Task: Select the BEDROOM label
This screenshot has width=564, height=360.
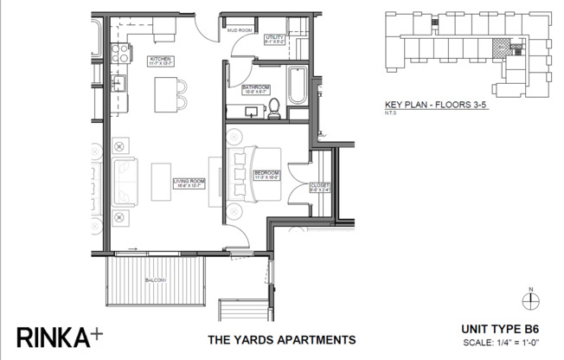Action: tap(265, 175)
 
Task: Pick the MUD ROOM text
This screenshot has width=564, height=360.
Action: tap(239, 30)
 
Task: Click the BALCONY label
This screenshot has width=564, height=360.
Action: tap(156, 283)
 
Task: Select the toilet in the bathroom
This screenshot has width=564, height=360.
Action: tap(274, 108)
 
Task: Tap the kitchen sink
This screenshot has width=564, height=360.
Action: tap(119, 85)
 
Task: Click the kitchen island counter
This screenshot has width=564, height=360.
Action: tap(162, 89)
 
